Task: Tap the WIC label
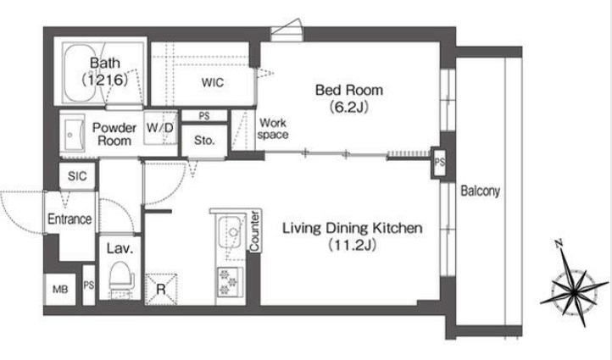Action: tap(213, 83)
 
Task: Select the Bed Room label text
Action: tap(349, 90)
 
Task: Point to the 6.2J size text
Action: tap(349, 107)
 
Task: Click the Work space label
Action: tap(273, 129)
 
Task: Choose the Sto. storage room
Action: tap(204, 141)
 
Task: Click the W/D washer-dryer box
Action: tap(160, 128)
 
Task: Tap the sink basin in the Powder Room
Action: tap(74, 134)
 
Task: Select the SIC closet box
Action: tap(77, 176)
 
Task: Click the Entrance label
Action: tap(70, 219)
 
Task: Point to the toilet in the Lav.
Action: tap(121, 276)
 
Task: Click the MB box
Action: tap(59, 290)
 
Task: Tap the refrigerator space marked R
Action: tap(161, 290)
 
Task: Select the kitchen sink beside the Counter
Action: tap(232, 234)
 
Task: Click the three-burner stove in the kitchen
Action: tap(230, 282)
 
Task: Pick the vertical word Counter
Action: tap(254, 231)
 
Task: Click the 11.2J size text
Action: tap(352, 245)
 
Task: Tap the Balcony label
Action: tap(480, 191)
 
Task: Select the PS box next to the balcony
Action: tap(439, 163)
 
